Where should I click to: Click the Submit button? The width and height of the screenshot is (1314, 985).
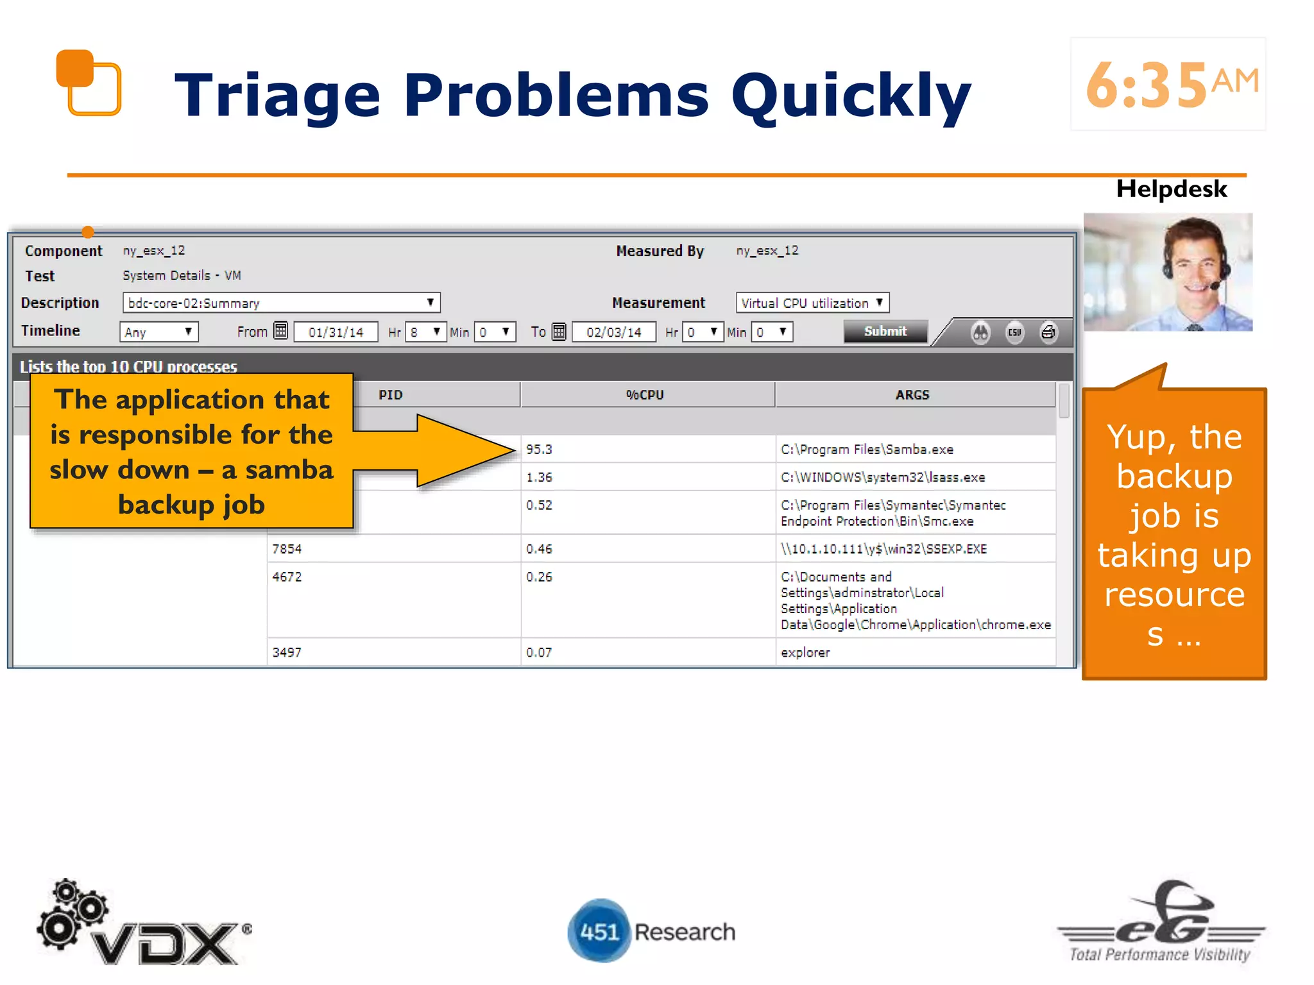pyautogui.click(x=885, y=332)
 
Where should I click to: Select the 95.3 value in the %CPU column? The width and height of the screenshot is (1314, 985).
pyautogui.click(x=539, y=450)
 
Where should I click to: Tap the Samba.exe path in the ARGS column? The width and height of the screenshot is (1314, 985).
pyautogui.click(x=867, y=450)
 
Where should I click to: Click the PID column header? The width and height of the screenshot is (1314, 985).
pyautogui.click(x=390, y=395)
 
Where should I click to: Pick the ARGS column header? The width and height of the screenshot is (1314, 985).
pyautogui.click(x=912, y=395)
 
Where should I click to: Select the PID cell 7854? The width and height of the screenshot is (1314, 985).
pyautogui.click(x=287, y=549)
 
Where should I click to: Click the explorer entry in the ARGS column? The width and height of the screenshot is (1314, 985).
pyautogui.click(x=805, y=652)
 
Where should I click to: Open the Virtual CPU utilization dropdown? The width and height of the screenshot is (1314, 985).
pyautogui.click(x=812, y=303)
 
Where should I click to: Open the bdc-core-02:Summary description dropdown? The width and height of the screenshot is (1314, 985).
pyautogui.click(x=281, y=303)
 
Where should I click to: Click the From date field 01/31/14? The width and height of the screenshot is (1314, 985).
pyautogui.click(x=336, y=332)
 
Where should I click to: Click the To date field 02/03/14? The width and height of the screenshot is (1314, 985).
pyautogui.click(x=613, y=332)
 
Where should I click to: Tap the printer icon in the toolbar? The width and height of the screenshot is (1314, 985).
pyautogui.click(x=1048, y=332)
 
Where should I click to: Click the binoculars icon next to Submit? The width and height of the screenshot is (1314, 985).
pyautogui.click(x=980, y=332)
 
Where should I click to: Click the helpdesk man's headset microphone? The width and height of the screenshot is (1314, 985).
pyautogui.click(x=1215, y=286)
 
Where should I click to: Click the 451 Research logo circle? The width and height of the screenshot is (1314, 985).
pyautogui.click(x=599, y=931)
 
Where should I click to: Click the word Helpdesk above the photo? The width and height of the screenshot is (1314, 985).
pyautogui.click(x=1171, y=189)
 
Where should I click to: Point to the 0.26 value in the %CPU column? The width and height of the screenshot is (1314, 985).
pyautogui.click(x=539, y=577)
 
